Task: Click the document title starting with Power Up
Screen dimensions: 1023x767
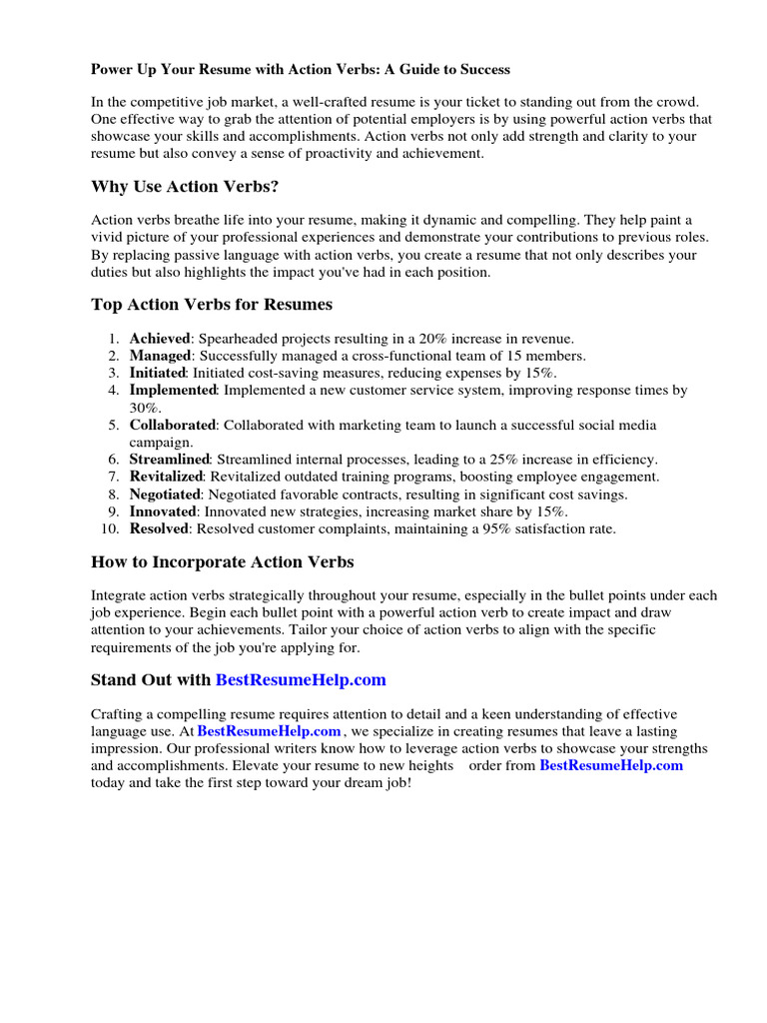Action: tap(301, 69)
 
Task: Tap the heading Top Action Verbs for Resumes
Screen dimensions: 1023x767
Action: tap(212, 304)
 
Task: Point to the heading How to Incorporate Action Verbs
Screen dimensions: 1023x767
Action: tap(222, 561)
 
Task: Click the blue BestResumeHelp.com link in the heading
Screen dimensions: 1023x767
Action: tap(301, 679)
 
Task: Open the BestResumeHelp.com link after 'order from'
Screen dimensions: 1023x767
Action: tap(611, 765)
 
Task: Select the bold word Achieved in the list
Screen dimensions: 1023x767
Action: tap(160, 339)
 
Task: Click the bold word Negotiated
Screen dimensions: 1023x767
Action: tap(166, 495)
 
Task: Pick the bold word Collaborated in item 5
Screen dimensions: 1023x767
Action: tap(172, 425)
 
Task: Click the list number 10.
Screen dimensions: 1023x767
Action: tap(111, 528)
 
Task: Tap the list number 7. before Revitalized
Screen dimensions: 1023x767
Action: tap(114, 477)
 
